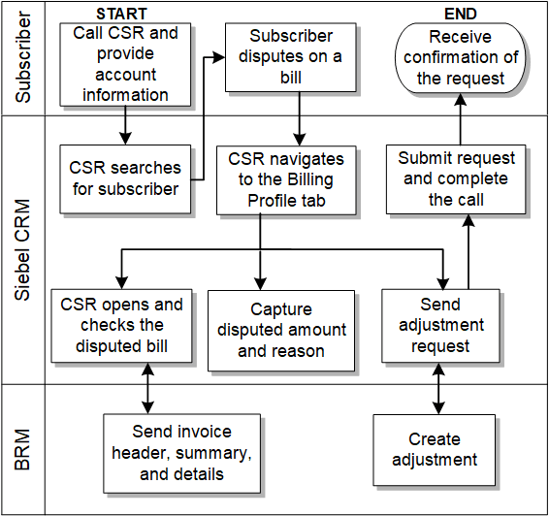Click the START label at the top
coord(122,14)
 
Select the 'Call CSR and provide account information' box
coord(125,64)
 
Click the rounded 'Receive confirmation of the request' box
coord(461,57)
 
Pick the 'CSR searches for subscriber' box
coord(125,177)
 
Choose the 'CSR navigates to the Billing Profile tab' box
coord(293,177)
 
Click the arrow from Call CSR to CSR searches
coord(125,124)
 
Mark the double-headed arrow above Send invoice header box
coord(146,388)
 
